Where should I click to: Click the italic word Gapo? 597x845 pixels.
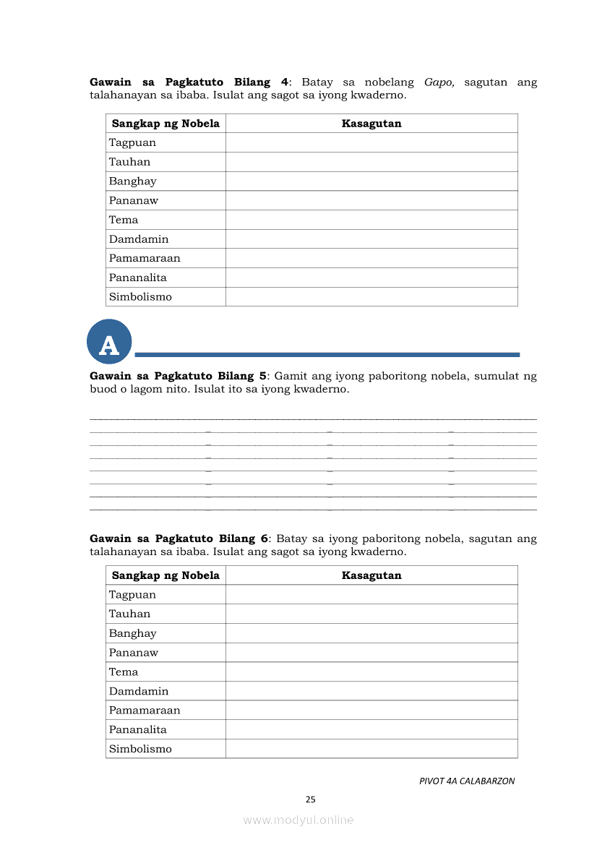pyautogui.click(x=439, y=82)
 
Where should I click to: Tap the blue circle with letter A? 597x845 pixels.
pyautogui.click(x=109, y=342)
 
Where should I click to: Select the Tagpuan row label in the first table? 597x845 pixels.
pyautogui.click(x=132, y=142)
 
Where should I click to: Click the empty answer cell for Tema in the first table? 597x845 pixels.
pyautogui.click(x=371, y=220)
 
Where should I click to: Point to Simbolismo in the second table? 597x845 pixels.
pyautogui.click(x=140, y=749)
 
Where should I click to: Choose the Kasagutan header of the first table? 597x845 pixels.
pyautogui.click(x=371, y=124)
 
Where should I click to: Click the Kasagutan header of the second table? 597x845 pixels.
pyautogui.click(x=371, y=575)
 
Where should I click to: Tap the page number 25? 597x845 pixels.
pyautogui.click(x=311, y=799)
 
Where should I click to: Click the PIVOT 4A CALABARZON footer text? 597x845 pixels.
pyautogui.click(x=467, y=781)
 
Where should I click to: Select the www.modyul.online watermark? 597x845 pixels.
pyautogui.click(x=298, y=820)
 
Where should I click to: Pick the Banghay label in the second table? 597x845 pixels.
pyautogui.click(x=132, y=633)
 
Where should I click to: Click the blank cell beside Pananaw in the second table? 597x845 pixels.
pyautogui.click(x=371, y=653)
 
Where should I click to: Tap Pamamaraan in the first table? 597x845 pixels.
pyautogui.click(x=145, y=258)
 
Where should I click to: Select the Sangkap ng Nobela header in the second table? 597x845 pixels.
pyautogui.click(x=166, y=575)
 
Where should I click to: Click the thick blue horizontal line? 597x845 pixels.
pyautogui.click(x=327, y=354)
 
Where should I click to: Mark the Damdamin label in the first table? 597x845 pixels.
pyautogui.click(x=139, y=239)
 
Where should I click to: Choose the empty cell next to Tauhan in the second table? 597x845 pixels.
pyautogui.click(x=371, y=614)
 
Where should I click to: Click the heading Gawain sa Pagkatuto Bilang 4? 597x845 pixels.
pyautogui.click(x=189, y=82)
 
